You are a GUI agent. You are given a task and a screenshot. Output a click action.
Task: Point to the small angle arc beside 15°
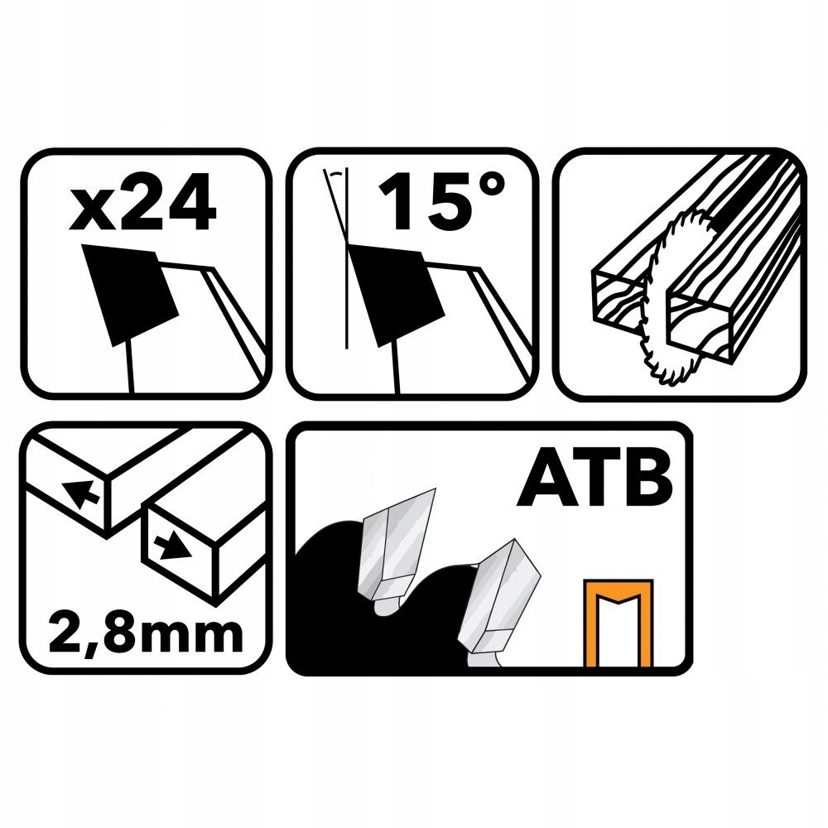point(335,178)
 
